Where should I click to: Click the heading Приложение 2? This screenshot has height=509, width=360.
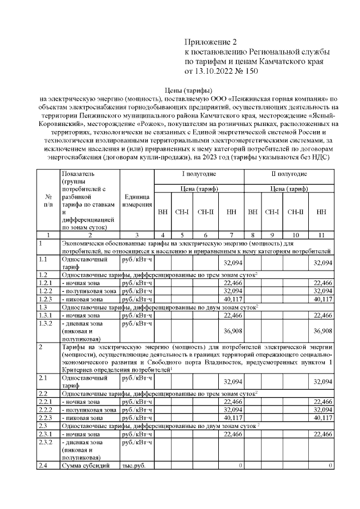[212, 42]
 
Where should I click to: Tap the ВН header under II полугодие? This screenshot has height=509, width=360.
[253, 213]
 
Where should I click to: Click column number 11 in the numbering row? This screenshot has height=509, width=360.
[321, 233]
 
